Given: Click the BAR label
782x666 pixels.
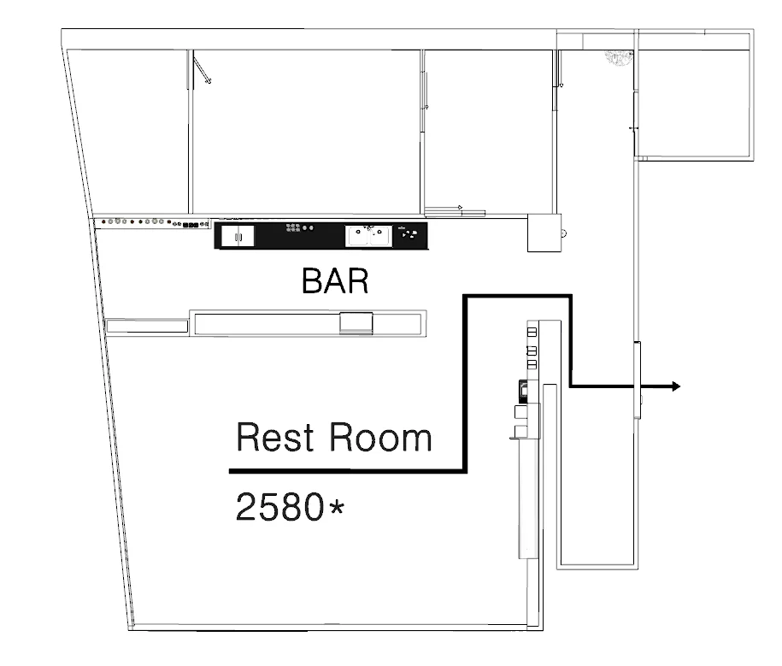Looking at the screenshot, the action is [335, 280].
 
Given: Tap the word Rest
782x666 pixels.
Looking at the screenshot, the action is [275, 438].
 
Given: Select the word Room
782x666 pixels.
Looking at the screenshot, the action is [379, 438].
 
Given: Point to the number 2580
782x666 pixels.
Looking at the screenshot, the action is [279, 507].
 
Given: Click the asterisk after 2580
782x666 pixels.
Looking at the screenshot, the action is [337, 508].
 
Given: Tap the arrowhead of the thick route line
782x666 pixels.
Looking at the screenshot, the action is [675, 386].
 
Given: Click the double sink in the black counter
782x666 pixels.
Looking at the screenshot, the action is [368, 236].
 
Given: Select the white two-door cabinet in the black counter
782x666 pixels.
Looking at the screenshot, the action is [238, 236].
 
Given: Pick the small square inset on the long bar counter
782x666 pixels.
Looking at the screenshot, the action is [356, 323].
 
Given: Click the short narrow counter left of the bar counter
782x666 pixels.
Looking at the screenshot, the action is [147, 327].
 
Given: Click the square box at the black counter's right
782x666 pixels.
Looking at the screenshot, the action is [544, 233].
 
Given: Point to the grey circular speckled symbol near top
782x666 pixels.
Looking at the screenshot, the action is [619, 58].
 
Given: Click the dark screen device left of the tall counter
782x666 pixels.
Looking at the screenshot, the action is [524, 391].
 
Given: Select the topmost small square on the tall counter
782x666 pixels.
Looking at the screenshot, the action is [532, 333].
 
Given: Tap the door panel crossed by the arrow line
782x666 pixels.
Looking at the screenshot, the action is [637, 380].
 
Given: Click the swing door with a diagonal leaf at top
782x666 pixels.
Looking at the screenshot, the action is [202, 70].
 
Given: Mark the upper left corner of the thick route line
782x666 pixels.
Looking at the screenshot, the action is [465, 297].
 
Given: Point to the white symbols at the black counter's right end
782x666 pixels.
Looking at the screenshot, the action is [409, 233].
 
